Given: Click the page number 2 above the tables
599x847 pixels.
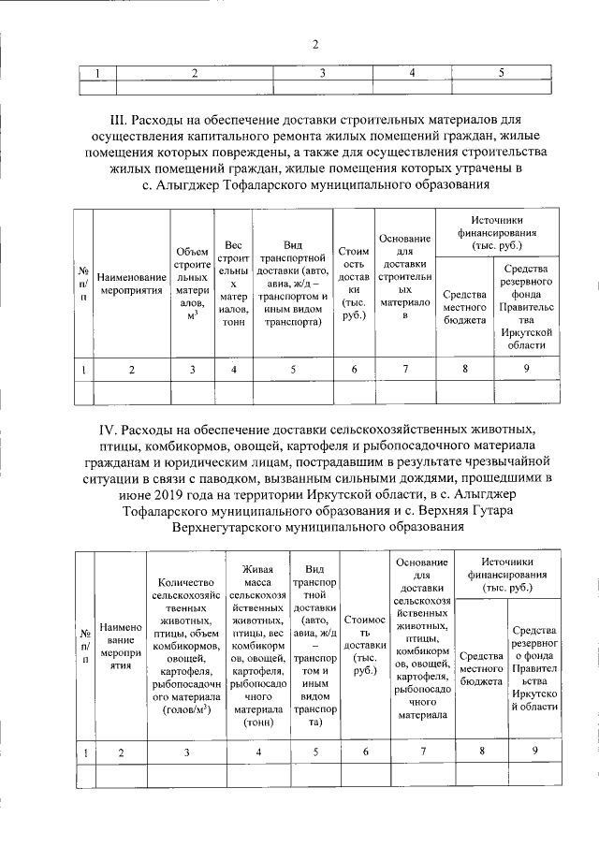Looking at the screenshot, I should (315, 45).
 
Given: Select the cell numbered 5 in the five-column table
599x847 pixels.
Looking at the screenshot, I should (502, 72).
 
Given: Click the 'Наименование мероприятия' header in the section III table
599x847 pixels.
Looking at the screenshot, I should (131, 284).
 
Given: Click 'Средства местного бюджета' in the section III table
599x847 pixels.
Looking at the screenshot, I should (465, 308).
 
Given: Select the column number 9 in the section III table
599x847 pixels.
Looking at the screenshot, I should (527, 369).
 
